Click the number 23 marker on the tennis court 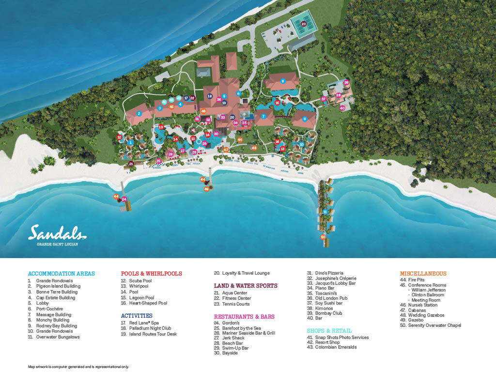[304, 24]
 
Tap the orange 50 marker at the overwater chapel [323, 237]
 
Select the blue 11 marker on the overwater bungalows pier [325, 212]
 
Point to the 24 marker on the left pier [124, 199]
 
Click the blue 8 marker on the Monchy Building [283, 81]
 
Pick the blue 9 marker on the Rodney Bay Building [305, 119]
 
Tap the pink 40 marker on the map [342, 108]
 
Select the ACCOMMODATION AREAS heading [61, 274]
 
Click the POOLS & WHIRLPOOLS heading [151, 274]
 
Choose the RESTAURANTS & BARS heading [244, 317]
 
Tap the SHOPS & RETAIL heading [329, 331]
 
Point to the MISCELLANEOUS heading [423, 274]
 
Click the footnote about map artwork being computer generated [78, 367]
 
